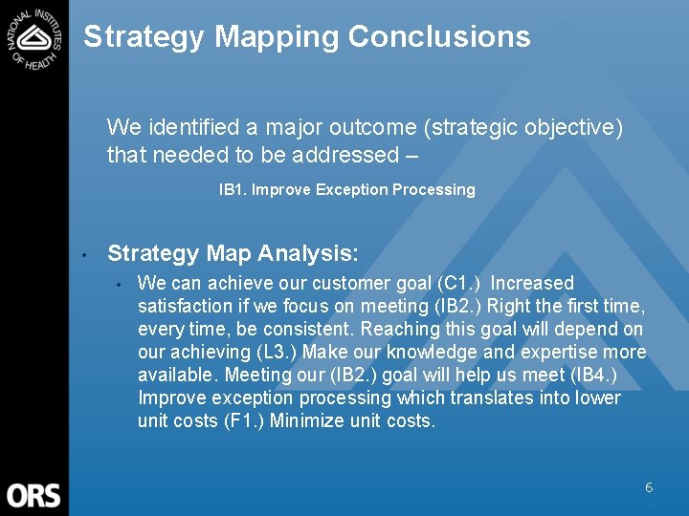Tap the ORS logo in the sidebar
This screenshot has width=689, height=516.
click(33, 495)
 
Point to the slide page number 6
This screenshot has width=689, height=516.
click(649, 487)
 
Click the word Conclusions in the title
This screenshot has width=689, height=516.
click(439, 36)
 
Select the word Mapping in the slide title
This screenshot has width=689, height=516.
click(277, 36)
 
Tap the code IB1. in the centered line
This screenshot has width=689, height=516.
click(233, 189)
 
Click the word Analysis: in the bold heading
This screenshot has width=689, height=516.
click(313, 253)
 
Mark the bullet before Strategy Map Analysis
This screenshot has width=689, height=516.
click(84, 255)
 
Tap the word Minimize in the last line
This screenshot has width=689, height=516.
click(313, 420)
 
